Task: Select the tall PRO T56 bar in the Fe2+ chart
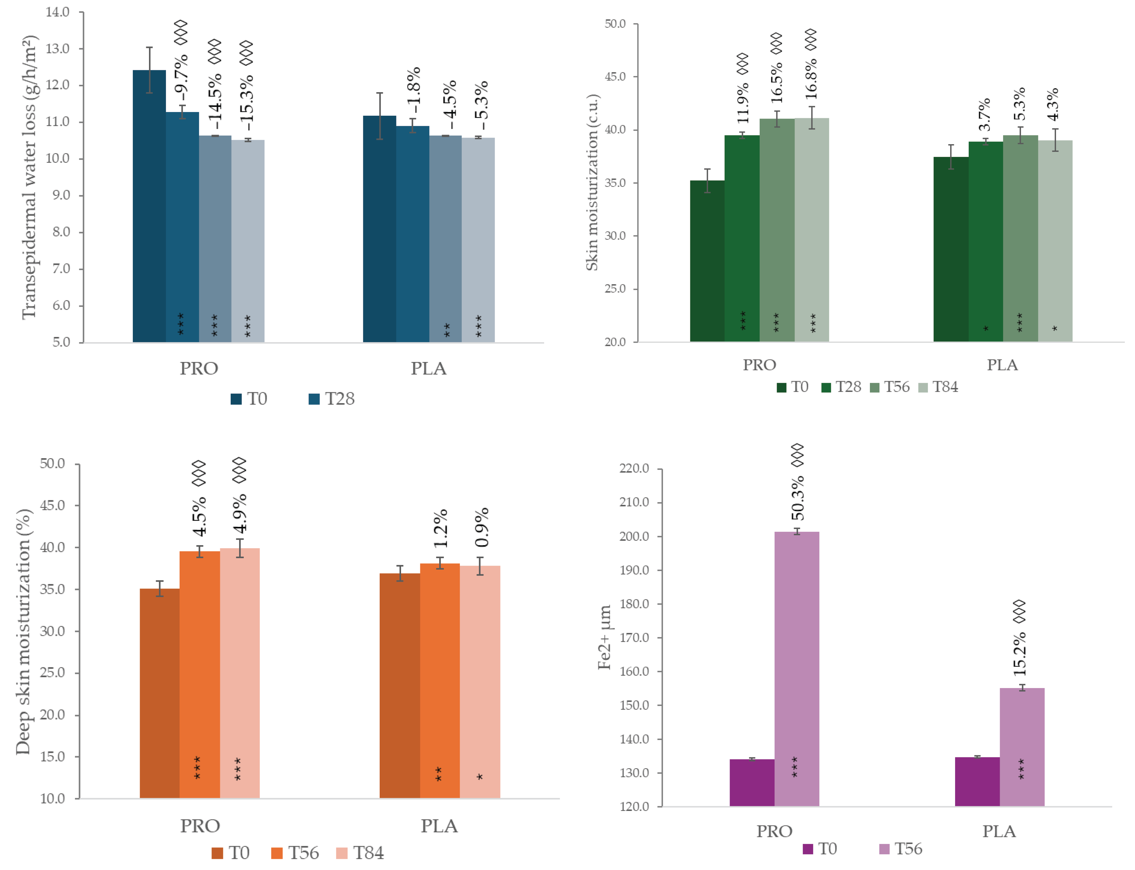pyautogui.click(x=796, y=668)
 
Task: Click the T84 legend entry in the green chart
pyautogui.click(x=939, y=387)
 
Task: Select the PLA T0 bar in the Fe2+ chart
pyautogui.click(x=977, y=782)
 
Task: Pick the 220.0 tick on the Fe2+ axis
pyautogui.click(x=634, y=469)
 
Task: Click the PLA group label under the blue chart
pyautogui.click(x=428, y=369)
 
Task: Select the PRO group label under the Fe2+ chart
pyautogui.click(x=774, y=831)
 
